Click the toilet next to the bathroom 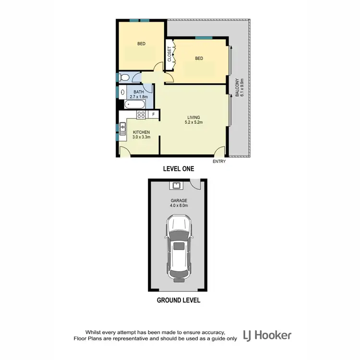click(x=124, y=77)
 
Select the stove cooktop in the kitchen click(x=141, y=114)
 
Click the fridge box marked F click(x=153, y=114)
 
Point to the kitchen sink click(x=123, y=127)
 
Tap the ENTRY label click(x=219, y=161)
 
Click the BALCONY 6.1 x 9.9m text click(x=240, y=88)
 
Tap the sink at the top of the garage click(x=176, y=186)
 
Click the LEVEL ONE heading click(x=178, y=169)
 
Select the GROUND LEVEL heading click(x=178, y=301)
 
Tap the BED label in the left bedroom click(x=141, y=44)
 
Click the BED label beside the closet click(x=199, y=59)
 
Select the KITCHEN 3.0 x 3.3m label click(x=142, y=135)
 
